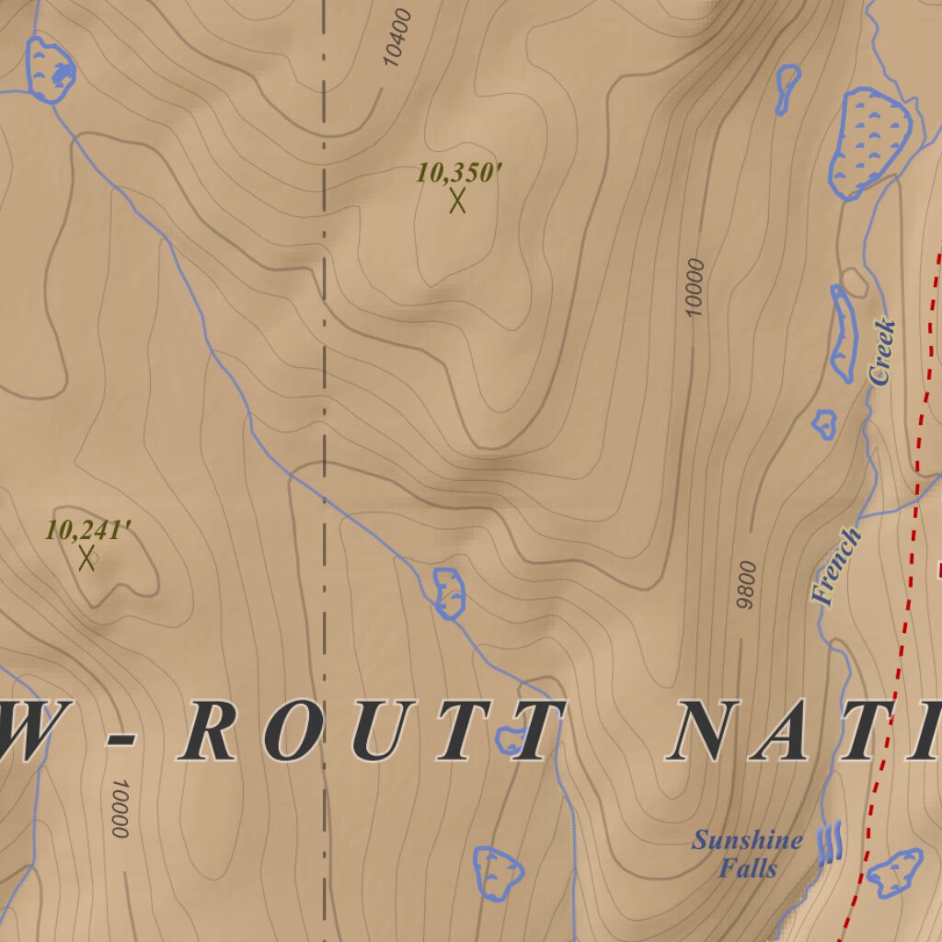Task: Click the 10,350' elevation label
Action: click(x=459, y=172)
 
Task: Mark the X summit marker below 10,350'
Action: click(x=457, y=200)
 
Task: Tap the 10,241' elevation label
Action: click(x=87, y=530)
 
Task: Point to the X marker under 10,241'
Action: click(x=86, y=557)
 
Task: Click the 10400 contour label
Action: click(x=396, y=39)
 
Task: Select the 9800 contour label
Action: click(x=746, y=584)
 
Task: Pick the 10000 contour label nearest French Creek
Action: click(x=695, y=287)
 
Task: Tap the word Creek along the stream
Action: click(x=881, y=351)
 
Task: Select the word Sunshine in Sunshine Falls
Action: click(x=747, y=840)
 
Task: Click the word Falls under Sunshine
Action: click(x=748, y=867)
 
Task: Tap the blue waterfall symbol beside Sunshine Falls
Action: click(x=830, y=843)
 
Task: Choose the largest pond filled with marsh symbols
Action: click(x=868, y=142)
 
